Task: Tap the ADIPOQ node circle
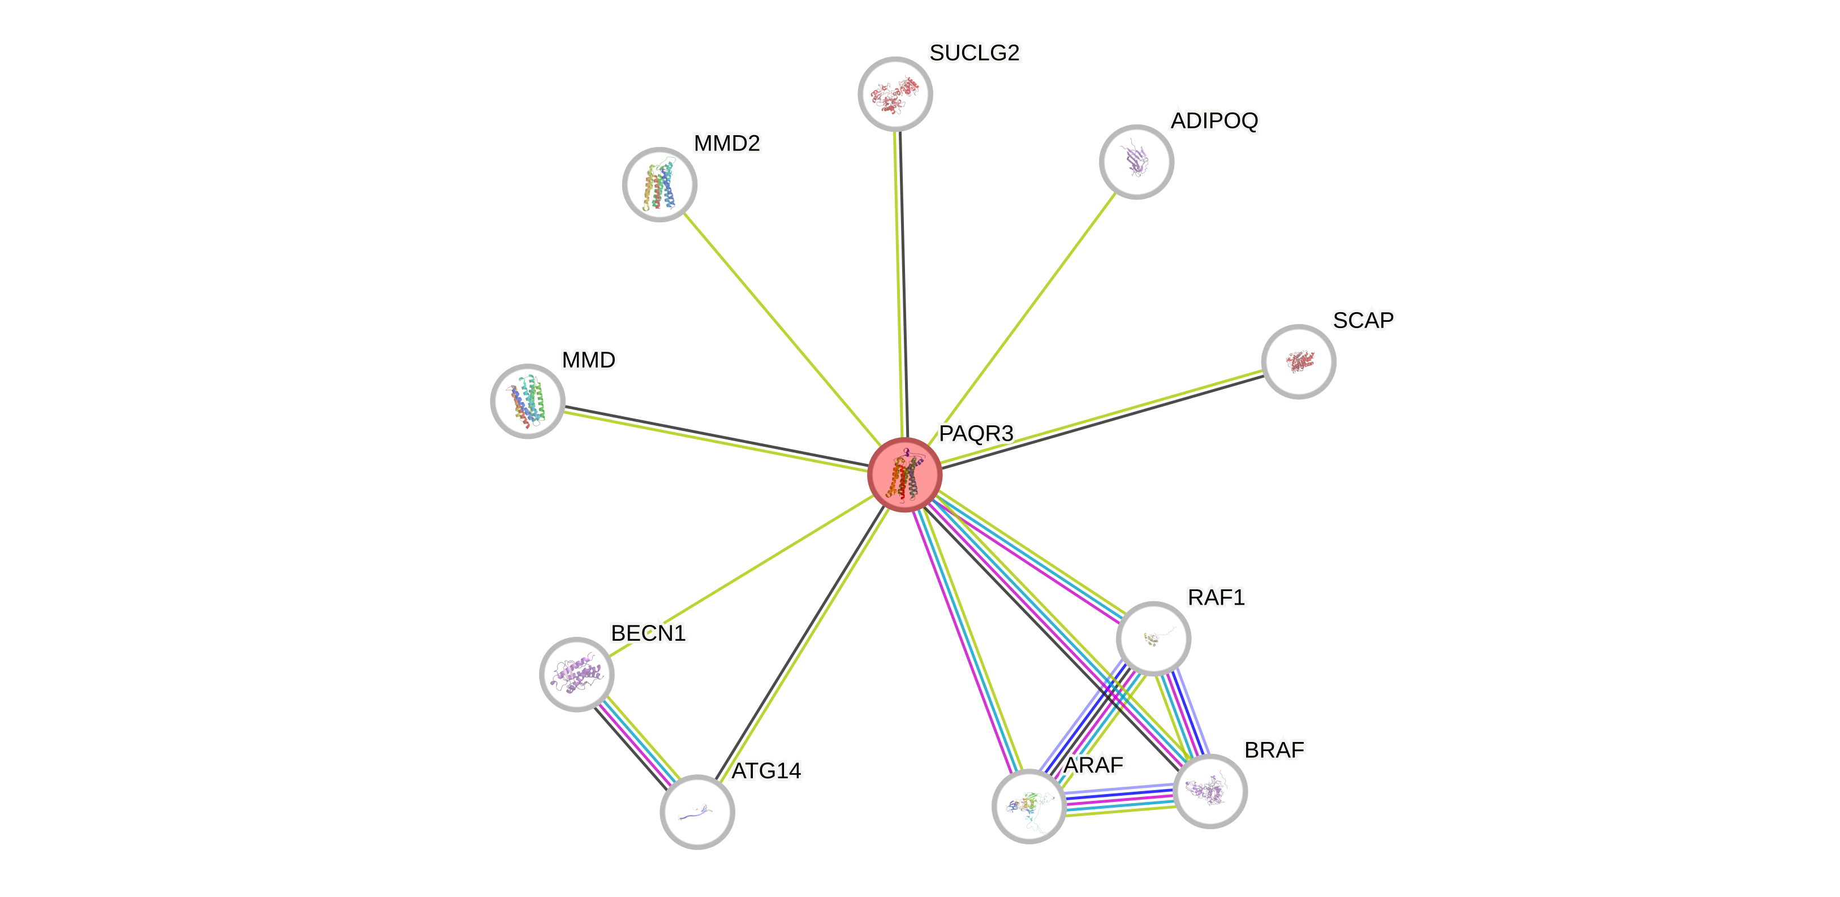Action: pyautogui.click(x=1136, y=161)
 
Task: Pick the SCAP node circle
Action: pyautogui.click(x=1299, y=361)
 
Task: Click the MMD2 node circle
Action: pyautogui.click(x=660, y=185)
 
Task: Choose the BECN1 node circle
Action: pyautogui.click(x=576, y=674)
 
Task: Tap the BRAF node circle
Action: pyautogui.click(x=1210, y=791)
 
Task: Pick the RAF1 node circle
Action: pyautogui.click(x=1153, y=639)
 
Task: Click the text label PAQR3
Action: pyautogui.click(x=976, y=433)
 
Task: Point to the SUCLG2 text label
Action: pyautogui.click(x=974, y=53)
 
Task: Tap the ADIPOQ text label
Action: pyautogui.click(x=1214, y=120)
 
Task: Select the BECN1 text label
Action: pyautogui.click(x=648, y=633)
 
